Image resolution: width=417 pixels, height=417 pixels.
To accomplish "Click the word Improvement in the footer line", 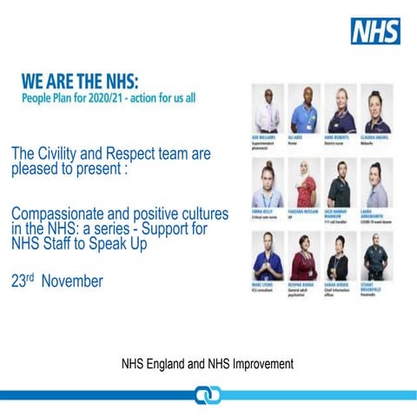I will (x=261, y=362).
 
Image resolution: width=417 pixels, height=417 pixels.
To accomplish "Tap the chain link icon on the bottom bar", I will (x=208, y=396).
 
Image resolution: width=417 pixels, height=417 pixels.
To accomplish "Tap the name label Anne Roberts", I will (x=338, y=137).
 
